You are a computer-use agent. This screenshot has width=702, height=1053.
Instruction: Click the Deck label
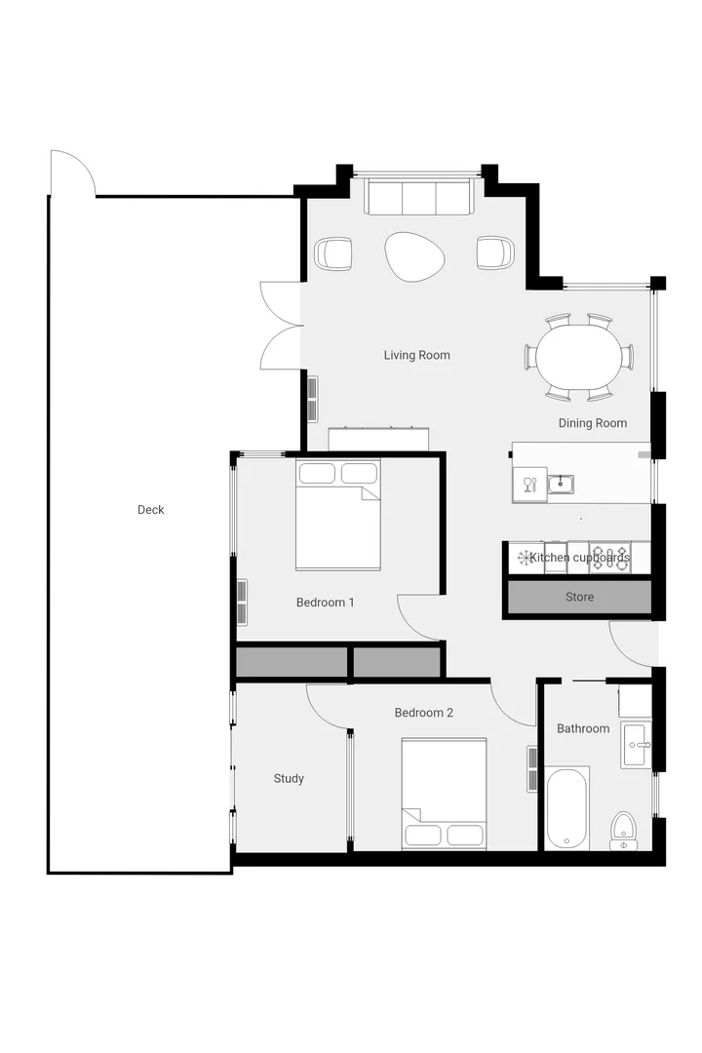click(x=151, y=510)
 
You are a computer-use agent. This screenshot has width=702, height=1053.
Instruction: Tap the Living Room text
click(x=416, y=355)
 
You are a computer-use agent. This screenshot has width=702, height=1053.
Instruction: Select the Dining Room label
click(x=592, y=423)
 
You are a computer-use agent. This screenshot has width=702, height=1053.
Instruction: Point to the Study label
click(x=289, y=778)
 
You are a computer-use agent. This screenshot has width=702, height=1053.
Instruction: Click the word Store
click(x=579, y=597)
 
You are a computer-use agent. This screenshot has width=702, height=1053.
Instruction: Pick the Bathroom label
click(x=583, y=728)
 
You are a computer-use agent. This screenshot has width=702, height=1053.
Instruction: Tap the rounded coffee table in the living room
click(x=414, y=256)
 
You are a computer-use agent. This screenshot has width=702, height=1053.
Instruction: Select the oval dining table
click(x=578, y=356)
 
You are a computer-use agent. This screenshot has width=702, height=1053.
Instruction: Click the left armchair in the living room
click(x=333, y=253)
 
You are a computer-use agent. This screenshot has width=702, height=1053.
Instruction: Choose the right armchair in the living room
click(x=494, y=253)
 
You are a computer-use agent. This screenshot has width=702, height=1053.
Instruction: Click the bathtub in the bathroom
click(x=566, y=809)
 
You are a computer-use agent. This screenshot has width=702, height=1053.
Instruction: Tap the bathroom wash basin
click(x=636, y=746)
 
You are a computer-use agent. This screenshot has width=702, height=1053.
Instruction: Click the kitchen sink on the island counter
click(x=560, y=484)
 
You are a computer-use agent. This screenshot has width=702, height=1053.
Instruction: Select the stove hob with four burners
click(x=609, y=558)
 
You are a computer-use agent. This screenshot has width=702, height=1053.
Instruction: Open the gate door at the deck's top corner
click(x=72, y=174)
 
